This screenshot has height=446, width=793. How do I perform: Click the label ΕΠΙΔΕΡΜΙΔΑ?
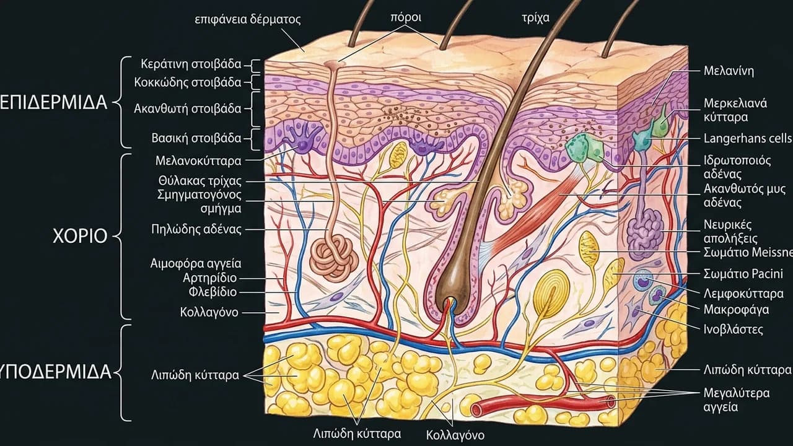tap(53, 103)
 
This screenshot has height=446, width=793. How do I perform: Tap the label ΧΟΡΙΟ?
tap(80, 236)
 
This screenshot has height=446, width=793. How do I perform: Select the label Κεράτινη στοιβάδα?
tap(191, 64)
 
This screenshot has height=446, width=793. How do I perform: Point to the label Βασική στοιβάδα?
tap(196, 138)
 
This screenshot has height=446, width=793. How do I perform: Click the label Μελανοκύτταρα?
tap(198, 161)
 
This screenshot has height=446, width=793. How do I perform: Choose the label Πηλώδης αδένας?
tap(196, 229)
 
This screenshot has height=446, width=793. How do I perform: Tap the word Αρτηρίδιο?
tap(209, 278)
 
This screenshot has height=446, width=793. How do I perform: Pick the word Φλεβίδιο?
tap(212, 292)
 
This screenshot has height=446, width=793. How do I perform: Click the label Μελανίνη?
tap(729, 71)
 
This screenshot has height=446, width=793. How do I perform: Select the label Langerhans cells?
tap(748, 138)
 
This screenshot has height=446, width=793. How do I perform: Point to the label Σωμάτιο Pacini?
tap(743, 274)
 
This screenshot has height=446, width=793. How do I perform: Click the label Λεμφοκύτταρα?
tap(743, 294)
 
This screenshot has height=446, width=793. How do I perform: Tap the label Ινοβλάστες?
tap(733, 330)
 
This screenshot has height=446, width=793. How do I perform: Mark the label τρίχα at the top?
tap(536, 18)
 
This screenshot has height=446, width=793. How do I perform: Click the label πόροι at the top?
tap(406, 17)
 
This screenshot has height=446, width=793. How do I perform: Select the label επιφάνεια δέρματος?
tap(248, 19)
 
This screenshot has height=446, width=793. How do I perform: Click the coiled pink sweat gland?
tap(334, 259)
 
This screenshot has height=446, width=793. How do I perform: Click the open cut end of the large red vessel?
tap(610, 402)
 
